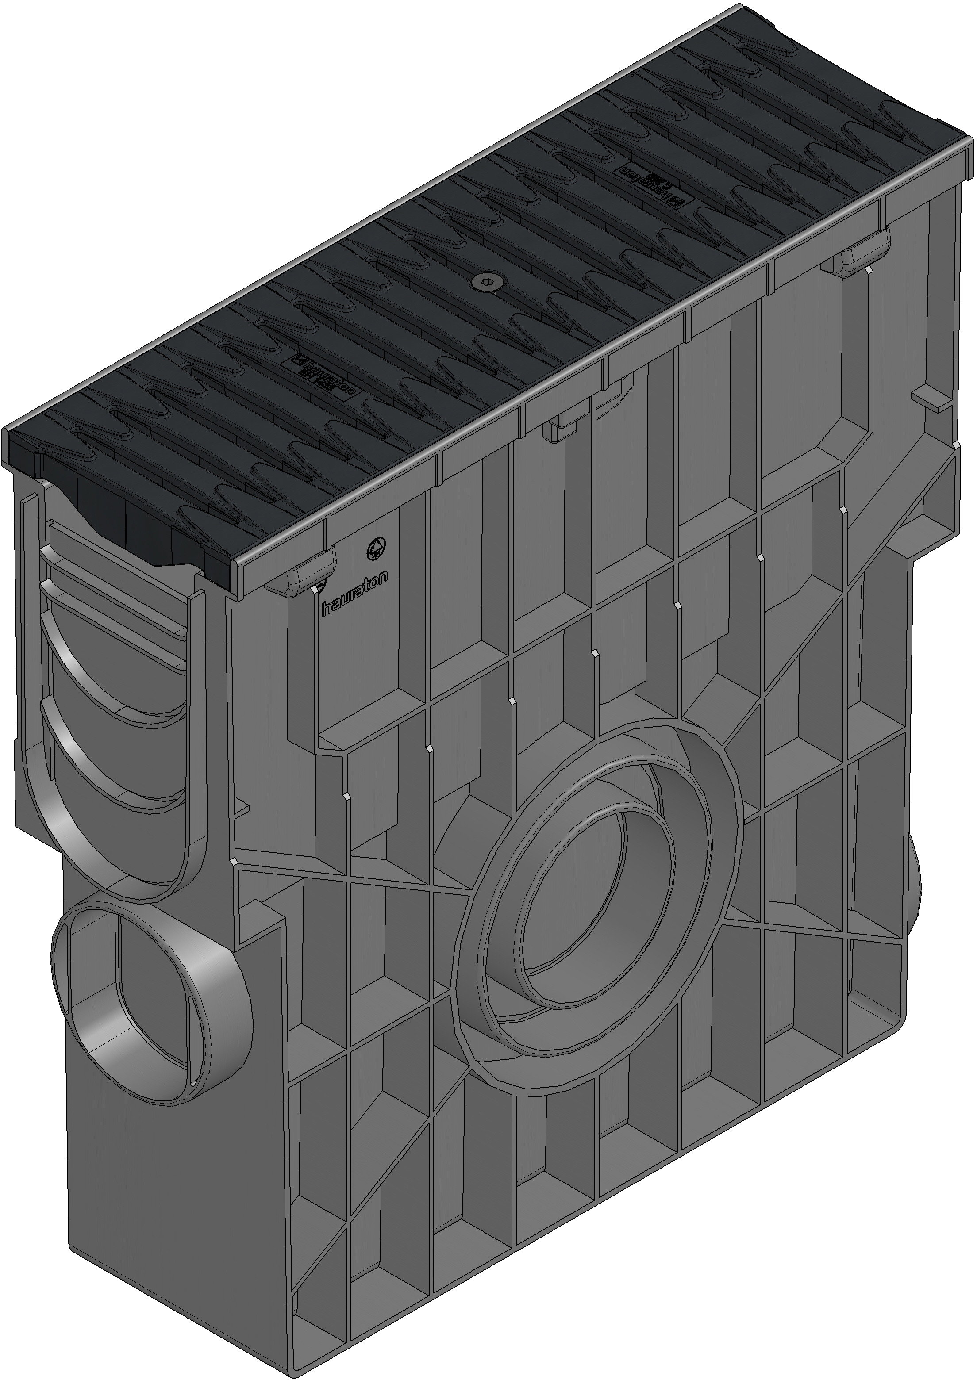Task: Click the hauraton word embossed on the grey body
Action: [x=354, y=593]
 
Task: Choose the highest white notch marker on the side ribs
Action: [x=843, y=510]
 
